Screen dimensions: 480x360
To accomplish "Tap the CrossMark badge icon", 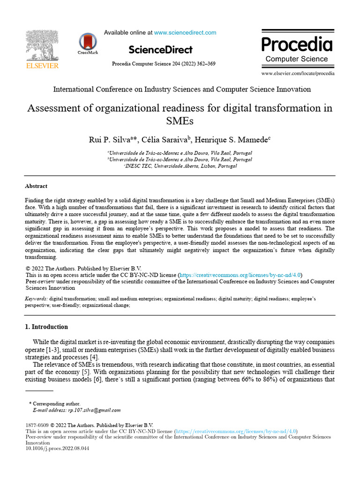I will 88,43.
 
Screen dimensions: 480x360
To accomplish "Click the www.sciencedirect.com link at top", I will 185,33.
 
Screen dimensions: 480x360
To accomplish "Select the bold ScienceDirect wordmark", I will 160,49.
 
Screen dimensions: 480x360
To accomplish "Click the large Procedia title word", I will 297,44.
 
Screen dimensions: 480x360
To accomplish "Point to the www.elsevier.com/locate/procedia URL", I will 298,74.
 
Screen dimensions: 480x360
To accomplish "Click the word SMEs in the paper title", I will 180,121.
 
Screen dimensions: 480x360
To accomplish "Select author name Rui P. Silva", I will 111,140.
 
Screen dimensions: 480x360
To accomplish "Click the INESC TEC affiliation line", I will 180,166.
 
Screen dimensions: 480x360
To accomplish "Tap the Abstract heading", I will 36,186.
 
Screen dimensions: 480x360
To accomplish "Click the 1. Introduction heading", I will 46,327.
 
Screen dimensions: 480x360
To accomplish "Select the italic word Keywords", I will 36,299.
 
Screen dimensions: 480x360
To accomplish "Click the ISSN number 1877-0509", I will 37,426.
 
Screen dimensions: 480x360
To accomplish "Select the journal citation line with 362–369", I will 164,64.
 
